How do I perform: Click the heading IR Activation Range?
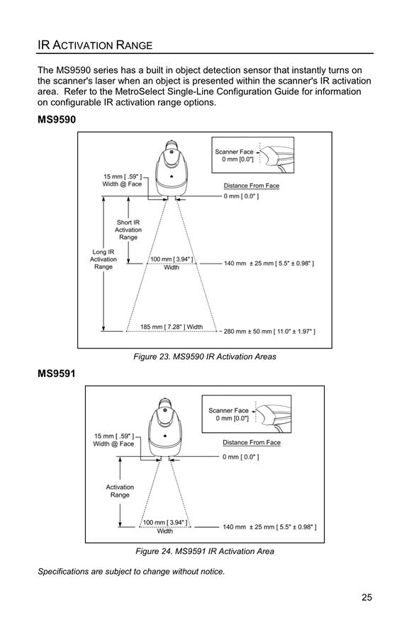coord(95,45)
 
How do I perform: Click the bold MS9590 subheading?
coord(57,120)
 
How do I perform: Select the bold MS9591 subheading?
coord(57,373)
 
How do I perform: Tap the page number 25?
coord(366,597)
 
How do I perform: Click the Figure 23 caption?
coord(205,356)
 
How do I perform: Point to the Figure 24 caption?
coord(205,551)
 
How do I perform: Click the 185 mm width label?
coord(172,327)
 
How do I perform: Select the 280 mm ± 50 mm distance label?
coord(269,332)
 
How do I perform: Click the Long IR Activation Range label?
coord(103,259)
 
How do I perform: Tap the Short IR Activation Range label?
coord(128,230)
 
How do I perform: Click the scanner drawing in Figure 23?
coord(172,169)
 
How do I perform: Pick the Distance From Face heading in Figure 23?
coord(252,186)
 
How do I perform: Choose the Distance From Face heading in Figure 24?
coord(252,443)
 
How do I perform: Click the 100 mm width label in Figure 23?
coord(172,263)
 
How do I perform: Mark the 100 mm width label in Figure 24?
coord(165,527)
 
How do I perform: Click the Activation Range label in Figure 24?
coord(120,491)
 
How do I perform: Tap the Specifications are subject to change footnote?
coord(131,572)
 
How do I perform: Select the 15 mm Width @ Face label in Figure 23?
coord(122,180)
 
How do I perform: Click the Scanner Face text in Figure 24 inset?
coord(229,410)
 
